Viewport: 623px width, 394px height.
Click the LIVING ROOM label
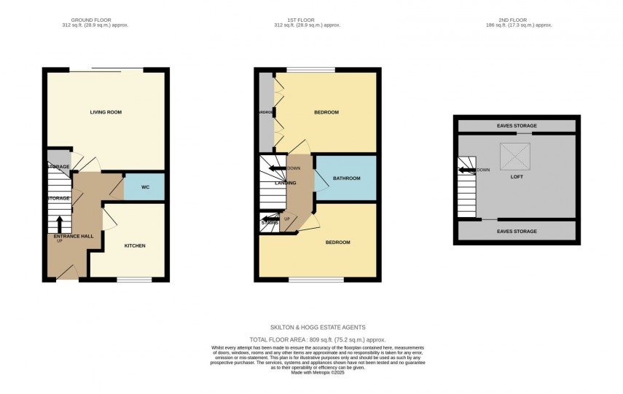(x=106, y=112)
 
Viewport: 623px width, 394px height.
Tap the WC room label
(x=145, y=187)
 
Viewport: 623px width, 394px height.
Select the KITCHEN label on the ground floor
(x=134, y=245)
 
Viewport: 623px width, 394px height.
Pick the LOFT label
(x=516, y=176)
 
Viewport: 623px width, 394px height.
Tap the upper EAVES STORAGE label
(x=516, y=126)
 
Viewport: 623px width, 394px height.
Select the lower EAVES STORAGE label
(x=516, y=231)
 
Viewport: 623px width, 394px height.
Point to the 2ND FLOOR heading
(x=517, y=20)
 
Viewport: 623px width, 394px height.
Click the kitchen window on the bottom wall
(x=134, y=279)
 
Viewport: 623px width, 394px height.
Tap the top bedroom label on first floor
(x=326, y=112)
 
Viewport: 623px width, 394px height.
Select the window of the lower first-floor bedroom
(x=316, y=279)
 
